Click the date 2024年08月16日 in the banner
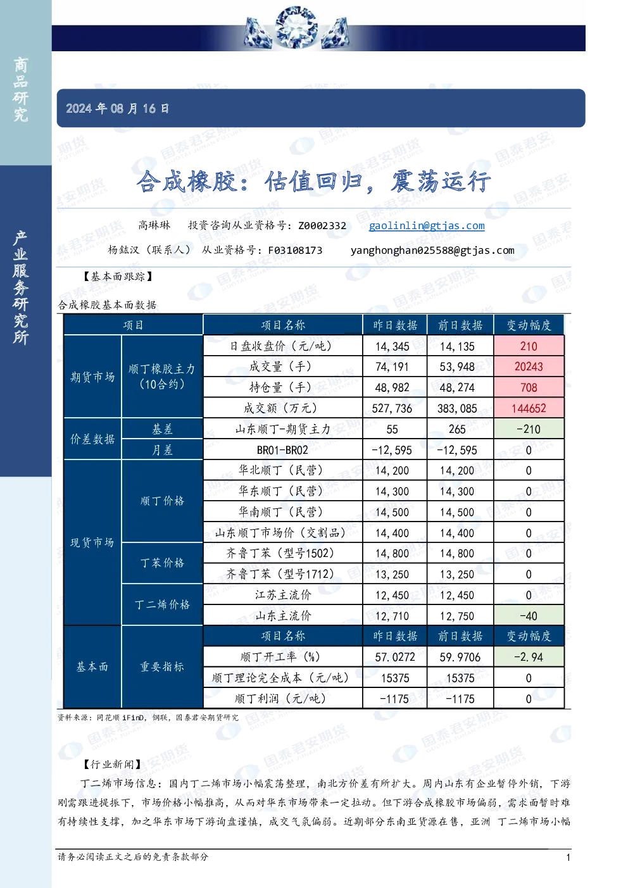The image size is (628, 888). [117, 108]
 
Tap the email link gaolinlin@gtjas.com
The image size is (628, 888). [427, 225]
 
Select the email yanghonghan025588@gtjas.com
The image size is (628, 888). [432, 250]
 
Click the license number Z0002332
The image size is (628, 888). [322, 225]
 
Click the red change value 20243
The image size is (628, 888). [529, 366]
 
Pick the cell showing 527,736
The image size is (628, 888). [392, 408]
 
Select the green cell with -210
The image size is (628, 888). [529, 429]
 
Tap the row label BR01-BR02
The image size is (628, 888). [282, 450]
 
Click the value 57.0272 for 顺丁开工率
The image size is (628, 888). [395, 657]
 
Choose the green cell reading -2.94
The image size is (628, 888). [529, 657]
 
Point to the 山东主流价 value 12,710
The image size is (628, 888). [392, 616]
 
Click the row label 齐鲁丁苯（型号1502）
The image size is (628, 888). [280, 553]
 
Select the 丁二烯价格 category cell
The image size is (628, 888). [162, 604]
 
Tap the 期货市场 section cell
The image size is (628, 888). [92, 376]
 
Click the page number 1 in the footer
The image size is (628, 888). [568, 858]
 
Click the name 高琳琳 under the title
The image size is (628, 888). [154, 225]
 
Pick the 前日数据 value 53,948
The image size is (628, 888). [457, 366]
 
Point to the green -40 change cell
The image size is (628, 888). [529, 616]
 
